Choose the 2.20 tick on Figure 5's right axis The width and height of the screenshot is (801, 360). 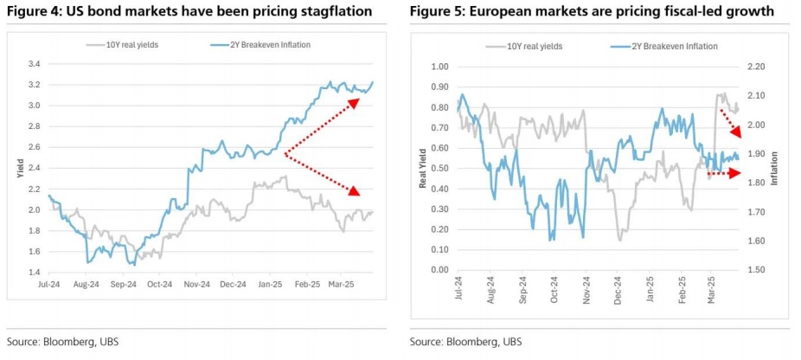[x=756, y=67]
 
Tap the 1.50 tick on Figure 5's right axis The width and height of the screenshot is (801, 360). [x=756, y=270]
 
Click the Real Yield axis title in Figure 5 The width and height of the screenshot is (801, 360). [x=423, y=168]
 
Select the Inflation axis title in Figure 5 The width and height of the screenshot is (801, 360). [x=775, y=168]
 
